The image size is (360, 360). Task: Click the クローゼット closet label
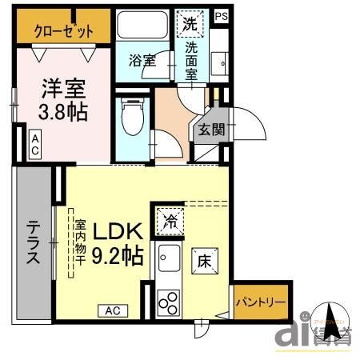(x=63, y=31)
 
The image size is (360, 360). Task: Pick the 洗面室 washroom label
(x=192, y=60)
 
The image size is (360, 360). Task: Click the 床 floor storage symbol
(x=204, y=260)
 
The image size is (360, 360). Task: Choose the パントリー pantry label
(x=260, y=302)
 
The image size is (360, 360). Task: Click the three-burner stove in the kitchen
(x=170, y=302)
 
